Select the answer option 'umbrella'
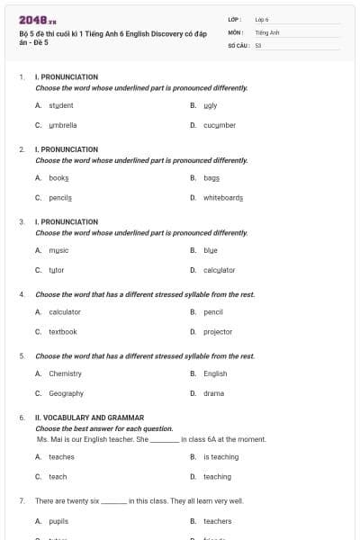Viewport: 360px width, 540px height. tap(62, 125)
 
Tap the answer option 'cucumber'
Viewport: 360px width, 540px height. tap(219, 125)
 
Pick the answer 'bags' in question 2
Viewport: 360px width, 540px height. tap(211, 178)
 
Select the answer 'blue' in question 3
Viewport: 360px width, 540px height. tap(211, 249)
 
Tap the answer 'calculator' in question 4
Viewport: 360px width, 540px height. tap(65, 311)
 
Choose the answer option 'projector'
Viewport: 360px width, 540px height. tap(217, 331)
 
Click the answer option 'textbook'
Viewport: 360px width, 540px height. tap(63, 331)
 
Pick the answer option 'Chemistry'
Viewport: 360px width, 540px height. tap(65, 373)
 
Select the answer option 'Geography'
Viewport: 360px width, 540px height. tap(66, 393)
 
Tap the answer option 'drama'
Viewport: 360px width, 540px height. tap(214, 393)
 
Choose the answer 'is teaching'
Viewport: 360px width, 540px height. tap(220, 456)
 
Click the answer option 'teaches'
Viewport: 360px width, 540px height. tap(61, 456)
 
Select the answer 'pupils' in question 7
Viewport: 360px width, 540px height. tap(58, 520)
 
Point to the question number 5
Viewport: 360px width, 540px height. tap(22, 355)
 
